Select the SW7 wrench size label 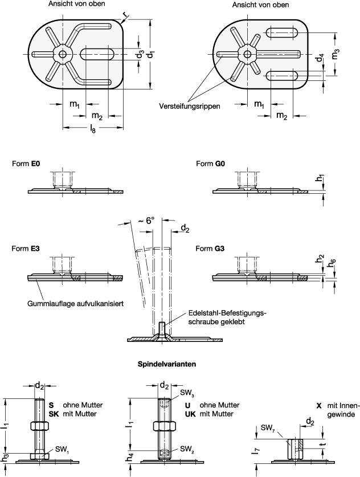pyautogui.click(x=268, y=427)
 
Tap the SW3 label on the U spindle pyautogui.click(x=187, y=393)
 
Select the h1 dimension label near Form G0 pyautogui.click(x=321, y=179)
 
